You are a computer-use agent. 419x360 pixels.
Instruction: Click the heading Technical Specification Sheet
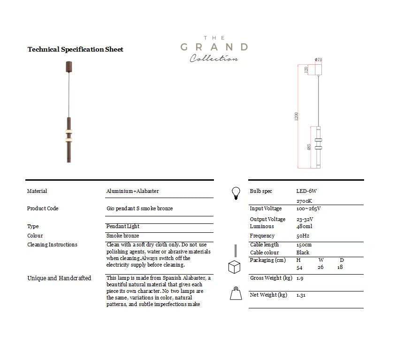pos(75,49)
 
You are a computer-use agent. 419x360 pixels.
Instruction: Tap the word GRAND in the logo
pos(214,47)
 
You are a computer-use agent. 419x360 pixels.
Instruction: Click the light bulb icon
pos(236,193)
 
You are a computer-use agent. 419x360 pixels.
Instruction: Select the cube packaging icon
pos(234,267)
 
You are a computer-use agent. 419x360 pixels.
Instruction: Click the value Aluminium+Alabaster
pos(132,191)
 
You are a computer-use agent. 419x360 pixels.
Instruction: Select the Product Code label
pos(43,208)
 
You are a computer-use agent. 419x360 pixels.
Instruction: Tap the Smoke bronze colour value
pos(122,236)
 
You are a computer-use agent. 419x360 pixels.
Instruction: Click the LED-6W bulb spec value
pos(307,191)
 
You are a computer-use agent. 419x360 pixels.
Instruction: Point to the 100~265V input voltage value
pos(308,208)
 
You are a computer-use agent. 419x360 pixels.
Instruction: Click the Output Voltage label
pos(267,219)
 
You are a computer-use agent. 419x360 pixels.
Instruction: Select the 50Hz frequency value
pos(303,236)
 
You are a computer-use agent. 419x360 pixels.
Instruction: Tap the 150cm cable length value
pos(304,245)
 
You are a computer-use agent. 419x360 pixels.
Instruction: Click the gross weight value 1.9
pos(300,278)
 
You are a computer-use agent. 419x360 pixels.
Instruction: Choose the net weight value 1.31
pos(302,295)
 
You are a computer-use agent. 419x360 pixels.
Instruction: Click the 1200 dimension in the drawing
pos(297,116)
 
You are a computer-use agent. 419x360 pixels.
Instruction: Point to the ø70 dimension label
pos(318,60)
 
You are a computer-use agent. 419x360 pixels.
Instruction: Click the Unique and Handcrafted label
pos(59,278)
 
